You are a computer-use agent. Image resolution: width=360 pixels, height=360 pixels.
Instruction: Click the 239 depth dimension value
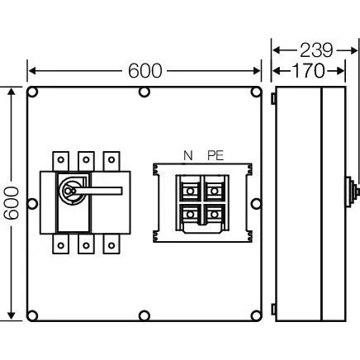(x=316, y=50)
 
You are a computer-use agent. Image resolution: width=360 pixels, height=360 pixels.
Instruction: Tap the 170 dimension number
(x=308, y=71)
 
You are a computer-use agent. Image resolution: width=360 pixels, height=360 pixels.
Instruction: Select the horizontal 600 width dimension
(x=144, y=71)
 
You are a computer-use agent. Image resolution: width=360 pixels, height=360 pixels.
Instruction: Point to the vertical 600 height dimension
(x=12, y=203)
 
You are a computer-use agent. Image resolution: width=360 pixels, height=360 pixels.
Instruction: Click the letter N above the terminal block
(x=188, y=156)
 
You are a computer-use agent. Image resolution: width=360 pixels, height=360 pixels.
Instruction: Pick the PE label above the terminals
(x=216, y=156)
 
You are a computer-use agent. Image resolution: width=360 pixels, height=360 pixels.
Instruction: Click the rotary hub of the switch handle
(x=69, y=191)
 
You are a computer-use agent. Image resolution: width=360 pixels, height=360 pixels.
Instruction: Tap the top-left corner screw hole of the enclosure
(x=33, y=92)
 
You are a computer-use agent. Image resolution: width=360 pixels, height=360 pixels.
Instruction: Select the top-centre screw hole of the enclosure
(x=144, y=92)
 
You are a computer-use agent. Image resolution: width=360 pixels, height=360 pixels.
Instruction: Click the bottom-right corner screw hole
(x=256, y=315)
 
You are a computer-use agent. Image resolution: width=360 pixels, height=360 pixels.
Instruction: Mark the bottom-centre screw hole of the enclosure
(x=144, y=315)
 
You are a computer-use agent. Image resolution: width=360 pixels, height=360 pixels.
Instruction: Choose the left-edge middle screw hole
(x=32, y=204)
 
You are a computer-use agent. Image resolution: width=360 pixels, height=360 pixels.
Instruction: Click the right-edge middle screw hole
(x=256, y=204)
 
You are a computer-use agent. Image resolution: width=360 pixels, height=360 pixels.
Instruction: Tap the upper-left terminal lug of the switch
(x=61, y=161)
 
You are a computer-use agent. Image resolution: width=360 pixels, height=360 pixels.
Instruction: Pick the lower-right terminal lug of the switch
(x=111, y=244)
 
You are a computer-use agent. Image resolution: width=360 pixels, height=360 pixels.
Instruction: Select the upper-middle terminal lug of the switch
(x=86, y=161)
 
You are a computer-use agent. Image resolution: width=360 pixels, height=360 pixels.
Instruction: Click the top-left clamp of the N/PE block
(x=190, y=191)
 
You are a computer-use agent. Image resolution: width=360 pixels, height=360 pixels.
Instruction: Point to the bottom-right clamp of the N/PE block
(x=214, y=214)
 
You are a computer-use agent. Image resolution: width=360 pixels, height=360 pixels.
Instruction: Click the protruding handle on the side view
(x=352, y=191)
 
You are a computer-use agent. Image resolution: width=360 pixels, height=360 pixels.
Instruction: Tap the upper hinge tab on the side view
(x=273, y=98)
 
